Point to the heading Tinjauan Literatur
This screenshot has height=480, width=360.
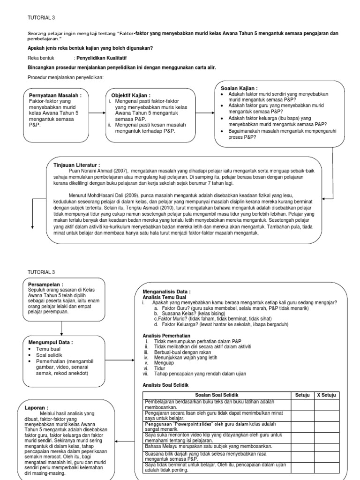[x=77, y=165]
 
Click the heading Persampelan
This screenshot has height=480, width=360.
[x=45, y=284]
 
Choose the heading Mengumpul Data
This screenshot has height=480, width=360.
[x=51, y=343]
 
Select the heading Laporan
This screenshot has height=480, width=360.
[x=37, y=407]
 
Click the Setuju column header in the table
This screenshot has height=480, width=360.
[x=302, y=395]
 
